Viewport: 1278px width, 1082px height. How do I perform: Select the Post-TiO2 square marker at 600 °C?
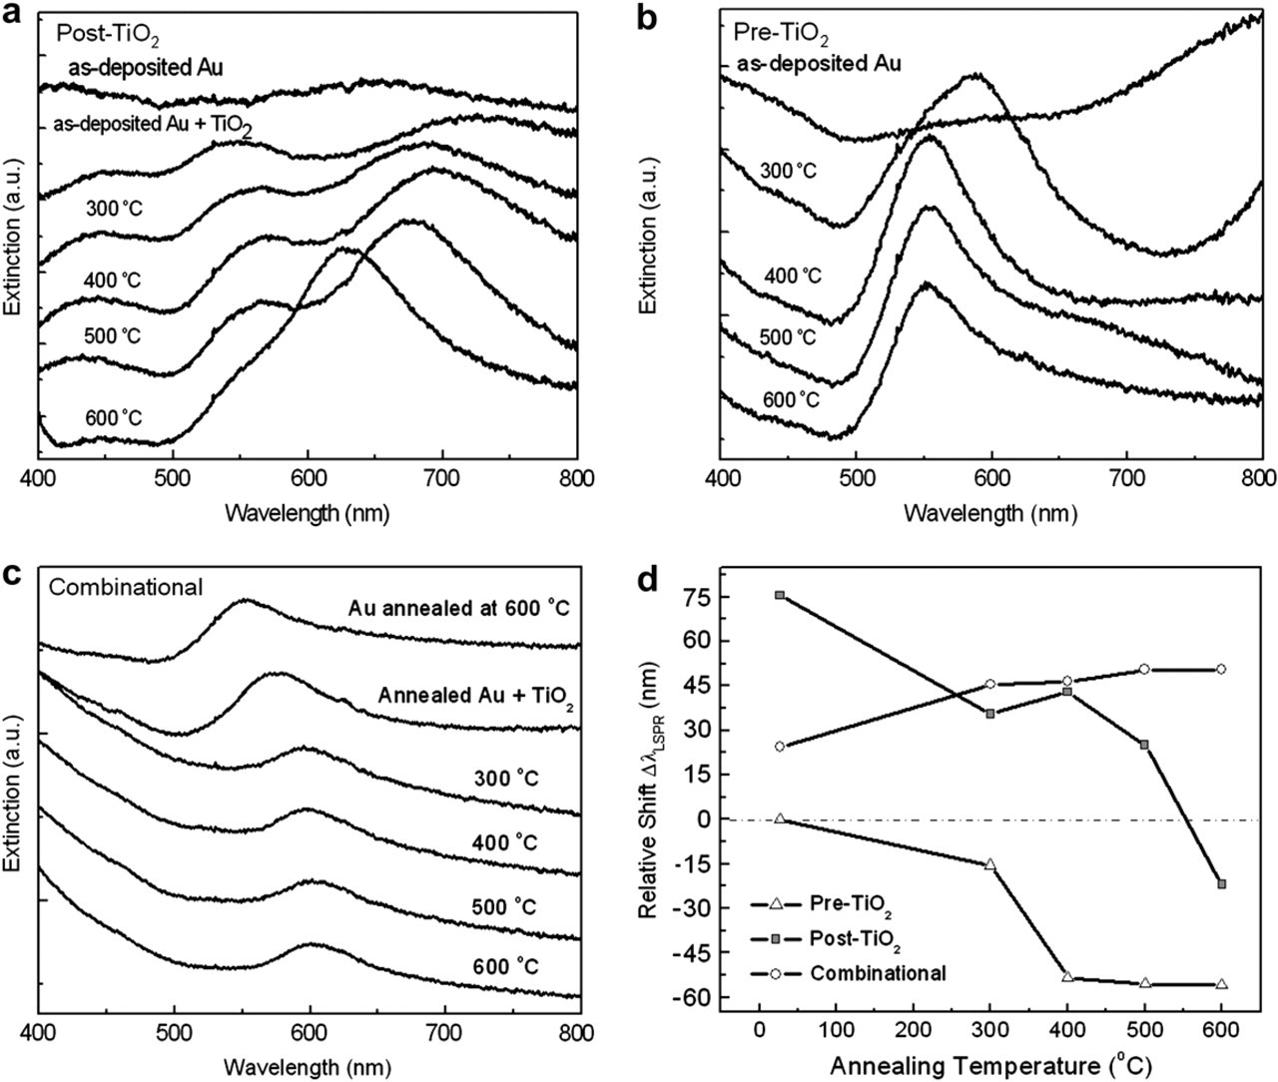1221,884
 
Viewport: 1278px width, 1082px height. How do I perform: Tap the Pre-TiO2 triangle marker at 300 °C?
989,864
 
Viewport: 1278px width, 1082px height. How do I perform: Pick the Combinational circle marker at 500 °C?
1144,669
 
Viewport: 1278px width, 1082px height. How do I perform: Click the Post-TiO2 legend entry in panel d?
826,939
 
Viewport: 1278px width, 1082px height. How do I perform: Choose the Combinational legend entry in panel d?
848,973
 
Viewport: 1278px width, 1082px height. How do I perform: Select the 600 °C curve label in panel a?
114,418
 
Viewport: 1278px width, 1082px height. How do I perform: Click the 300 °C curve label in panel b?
789,170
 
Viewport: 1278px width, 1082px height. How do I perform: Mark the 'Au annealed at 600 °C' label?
458,609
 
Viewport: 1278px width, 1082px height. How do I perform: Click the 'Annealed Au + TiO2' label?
476,696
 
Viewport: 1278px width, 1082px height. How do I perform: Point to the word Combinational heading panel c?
126,587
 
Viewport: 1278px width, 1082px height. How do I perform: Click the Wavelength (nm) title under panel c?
308,1067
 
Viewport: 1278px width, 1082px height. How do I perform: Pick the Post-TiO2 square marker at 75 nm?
780,595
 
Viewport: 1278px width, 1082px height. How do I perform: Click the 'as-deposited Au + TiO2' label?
153,126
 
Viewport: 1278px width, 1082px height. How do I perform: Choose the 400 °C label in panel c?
504,842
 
